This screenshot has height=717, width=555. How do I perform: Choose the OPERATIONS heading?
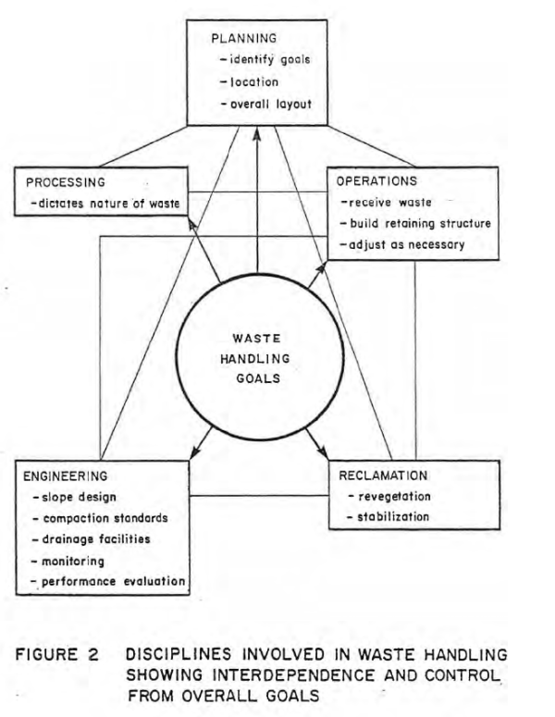click(x=379, y=181)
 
